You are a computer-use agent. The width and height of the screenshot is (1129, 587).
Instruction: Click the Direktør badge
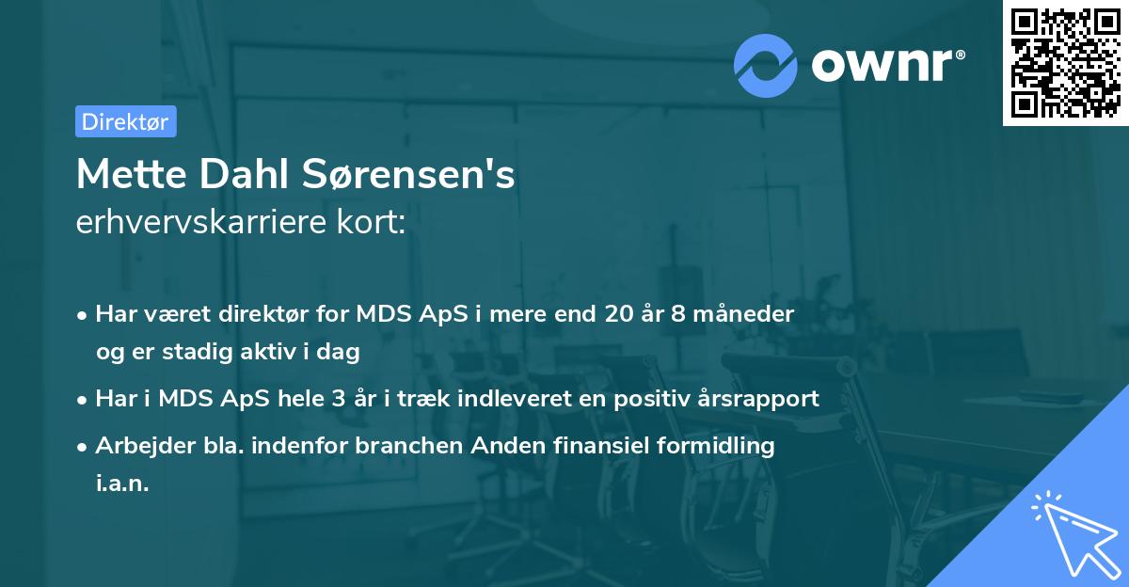click(x=125, y=121)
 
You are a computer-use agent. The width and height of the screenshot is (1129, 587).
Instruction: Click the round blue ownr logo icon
click(x=766, y=65)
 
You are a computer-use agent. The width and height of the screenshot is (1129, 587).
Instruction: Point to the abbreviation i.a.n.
click(x=122, y=484)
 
